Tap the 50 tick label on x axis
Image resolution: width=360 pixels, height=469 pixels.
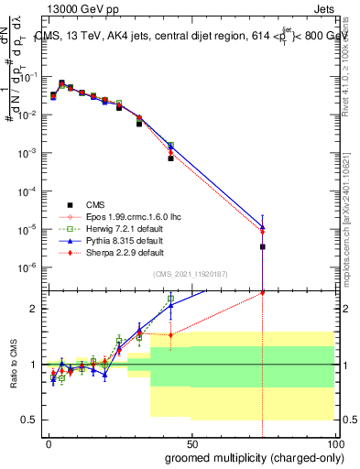tap(191, 443)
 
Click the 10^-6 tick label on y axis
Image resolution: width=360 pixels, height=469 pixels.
tap(28, 267)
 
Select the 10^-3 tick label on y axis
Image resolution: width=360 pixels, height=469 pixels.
tap(28, 153)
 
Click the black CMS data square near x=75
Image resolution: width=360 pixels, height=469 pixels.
tap(263, 246)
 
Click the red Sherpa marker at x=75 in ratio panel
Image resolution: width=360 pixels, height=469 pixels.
tap(263, 292)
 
